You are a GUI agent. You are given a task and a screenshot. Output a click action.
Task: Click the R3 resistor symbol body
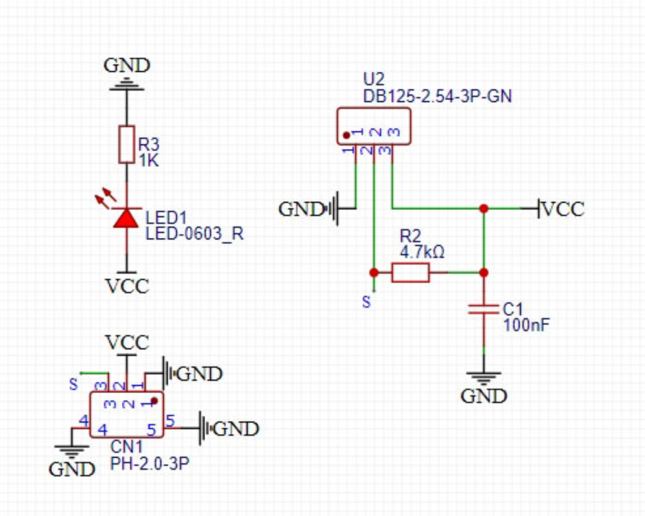(x=126, y=144)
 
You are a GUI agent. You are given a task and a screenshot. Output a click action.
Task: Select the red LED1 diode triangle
(x=126, y=218)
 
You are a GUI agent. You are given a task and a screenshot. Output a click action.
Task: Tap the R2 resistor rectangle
(x=410, y=273)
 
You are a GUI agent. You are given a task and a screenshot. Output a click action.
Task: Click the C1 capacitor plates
(x=484, y=309)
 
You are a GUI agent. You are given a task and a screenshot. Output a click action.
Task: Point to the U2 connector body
(x=374, y=126)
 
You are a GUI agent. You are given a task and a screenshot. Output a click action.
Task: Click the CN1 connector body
(x=126, y=415)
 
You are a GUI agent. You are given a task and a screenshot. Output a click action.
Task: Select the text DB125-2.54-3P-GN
(x=437, y=96)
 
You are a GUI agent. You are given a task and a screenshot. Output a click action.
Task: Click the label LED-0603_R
(x=194, y=234)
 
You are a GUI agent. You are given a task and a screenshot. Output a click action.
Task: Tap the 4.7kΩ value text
(x=422, y=252)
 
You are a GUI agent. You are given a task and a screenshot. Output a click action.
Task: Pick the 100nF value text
(x=526, y=326)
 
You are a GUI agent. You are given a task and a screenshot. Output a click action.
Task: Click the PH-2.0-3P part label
(x=150, y=464)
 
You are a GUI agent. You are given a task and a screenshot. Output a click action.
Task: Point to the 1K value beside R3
(x=148, y=161)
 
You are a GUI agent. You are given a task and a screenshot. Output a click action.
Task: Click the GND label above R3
(x=127, y=66)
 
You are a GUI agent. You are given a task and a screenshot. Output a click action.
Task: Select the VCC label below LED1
(x=127, y=286)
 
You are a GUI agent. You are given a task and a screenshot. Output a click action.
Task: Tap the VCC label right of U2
(x=563, y=209)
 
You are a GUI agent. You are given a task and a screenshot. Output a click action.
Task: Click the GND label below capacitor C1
(x=484, y=396)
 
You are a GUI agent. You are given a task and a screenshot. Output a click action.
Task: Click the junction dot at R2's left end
(x=374, y=273)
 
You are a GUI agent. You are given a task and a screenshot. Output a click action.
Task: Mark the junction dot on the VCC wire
(x=484, y=209)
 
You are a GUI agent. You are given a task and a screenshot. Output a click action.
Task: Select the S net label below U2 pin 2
(x=366, y=302)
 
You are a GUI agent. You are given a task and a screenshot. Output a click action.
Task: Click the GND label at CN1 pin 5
(x=236, y=429)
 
